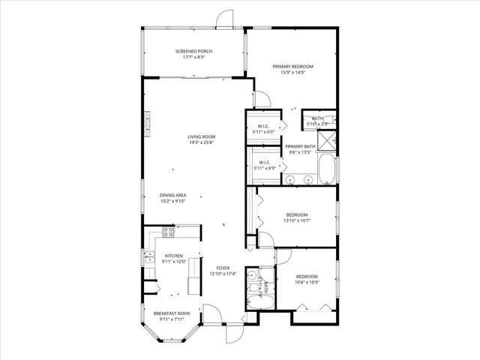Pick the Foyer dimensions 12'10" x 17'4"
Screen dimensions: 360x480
click(x=223, y=273)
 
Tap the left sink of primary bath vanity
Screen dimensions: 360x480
click(x=289, y=179)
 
